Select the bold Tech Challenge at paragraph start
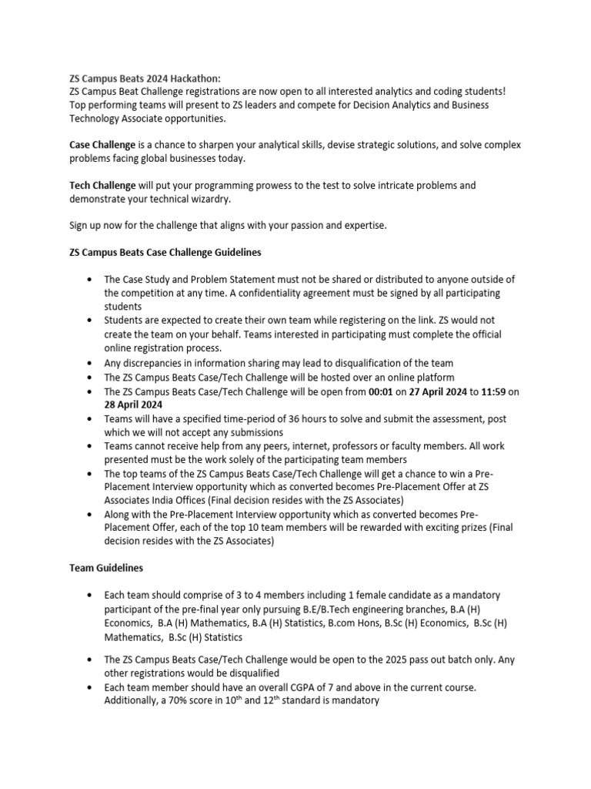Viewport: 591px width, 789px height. [99, 186]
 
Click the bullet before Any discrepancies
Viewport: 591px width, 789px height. [93, 363]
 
